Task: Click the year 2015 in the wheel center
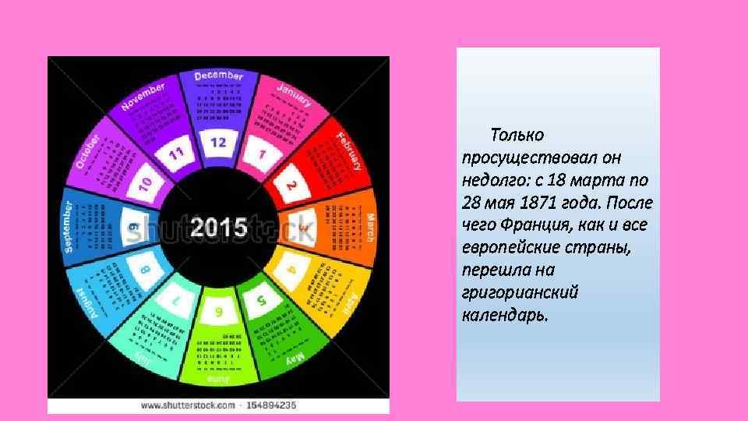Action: click(219, 228)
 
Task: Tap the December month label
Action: click(219, 76)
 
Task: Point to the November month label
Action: click(144, 96)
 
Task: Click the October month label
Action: click(87, 151)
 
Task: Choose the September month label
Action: click(68, 227)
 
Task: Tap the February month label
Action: click(349, 150)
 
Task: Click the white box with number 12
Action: click(218, 143)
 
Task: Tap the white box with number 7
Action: click(177, 300)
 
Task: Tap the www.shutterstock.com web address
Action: click(188, 405)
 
